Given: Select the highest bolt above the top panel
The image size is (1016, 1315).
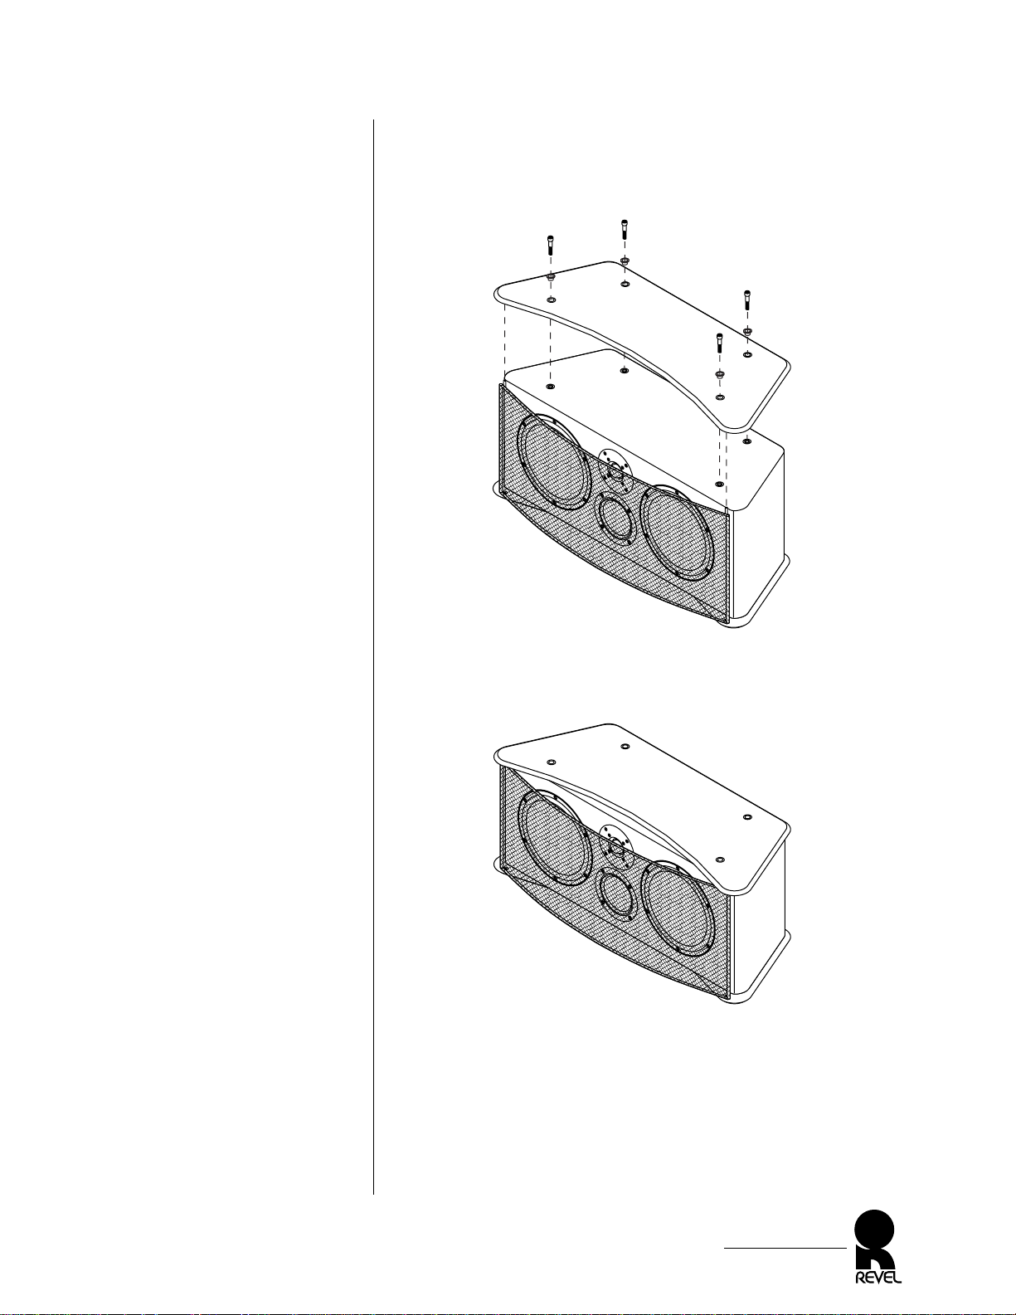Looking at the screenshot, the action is tap(624, 229).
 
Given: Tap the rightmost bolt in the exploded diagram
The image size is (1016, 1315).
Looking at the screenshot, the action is tap(747, 301).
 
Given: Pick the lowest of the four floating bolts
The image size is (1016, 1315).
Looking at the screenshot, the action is tap(719, 343).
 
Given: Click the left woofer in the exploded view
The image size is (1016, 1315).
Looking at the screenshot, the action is tap(554, 462).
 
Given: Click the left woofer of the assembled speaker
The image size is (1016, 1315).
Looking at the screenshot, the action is tap(554, 837).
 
